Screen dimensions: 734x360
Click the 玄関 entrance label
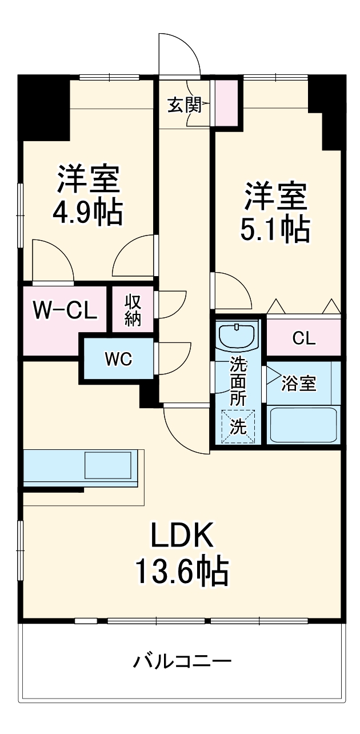click(184, 105)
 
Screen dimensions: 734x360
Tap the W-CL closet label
click(65, 310)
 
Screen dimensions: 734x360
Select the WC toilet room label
click(118, 359)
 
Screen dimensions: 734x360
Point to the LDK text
click(182, 536)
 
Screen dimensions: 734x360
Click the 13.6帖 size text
click(182, 571)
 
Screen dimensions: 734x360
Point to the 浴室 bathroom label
click(299, 384)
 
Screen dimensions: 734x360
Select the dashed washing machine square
click(237, 426)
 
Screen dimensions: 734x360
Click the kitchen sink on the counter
click(109, 465)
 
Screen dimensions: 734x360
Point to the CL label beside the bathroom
click(303, 338)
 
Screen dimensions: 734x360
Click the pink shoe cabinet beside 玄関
click(225, 103)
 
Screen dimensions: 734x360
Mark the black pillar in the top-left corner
click(43, 106)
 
